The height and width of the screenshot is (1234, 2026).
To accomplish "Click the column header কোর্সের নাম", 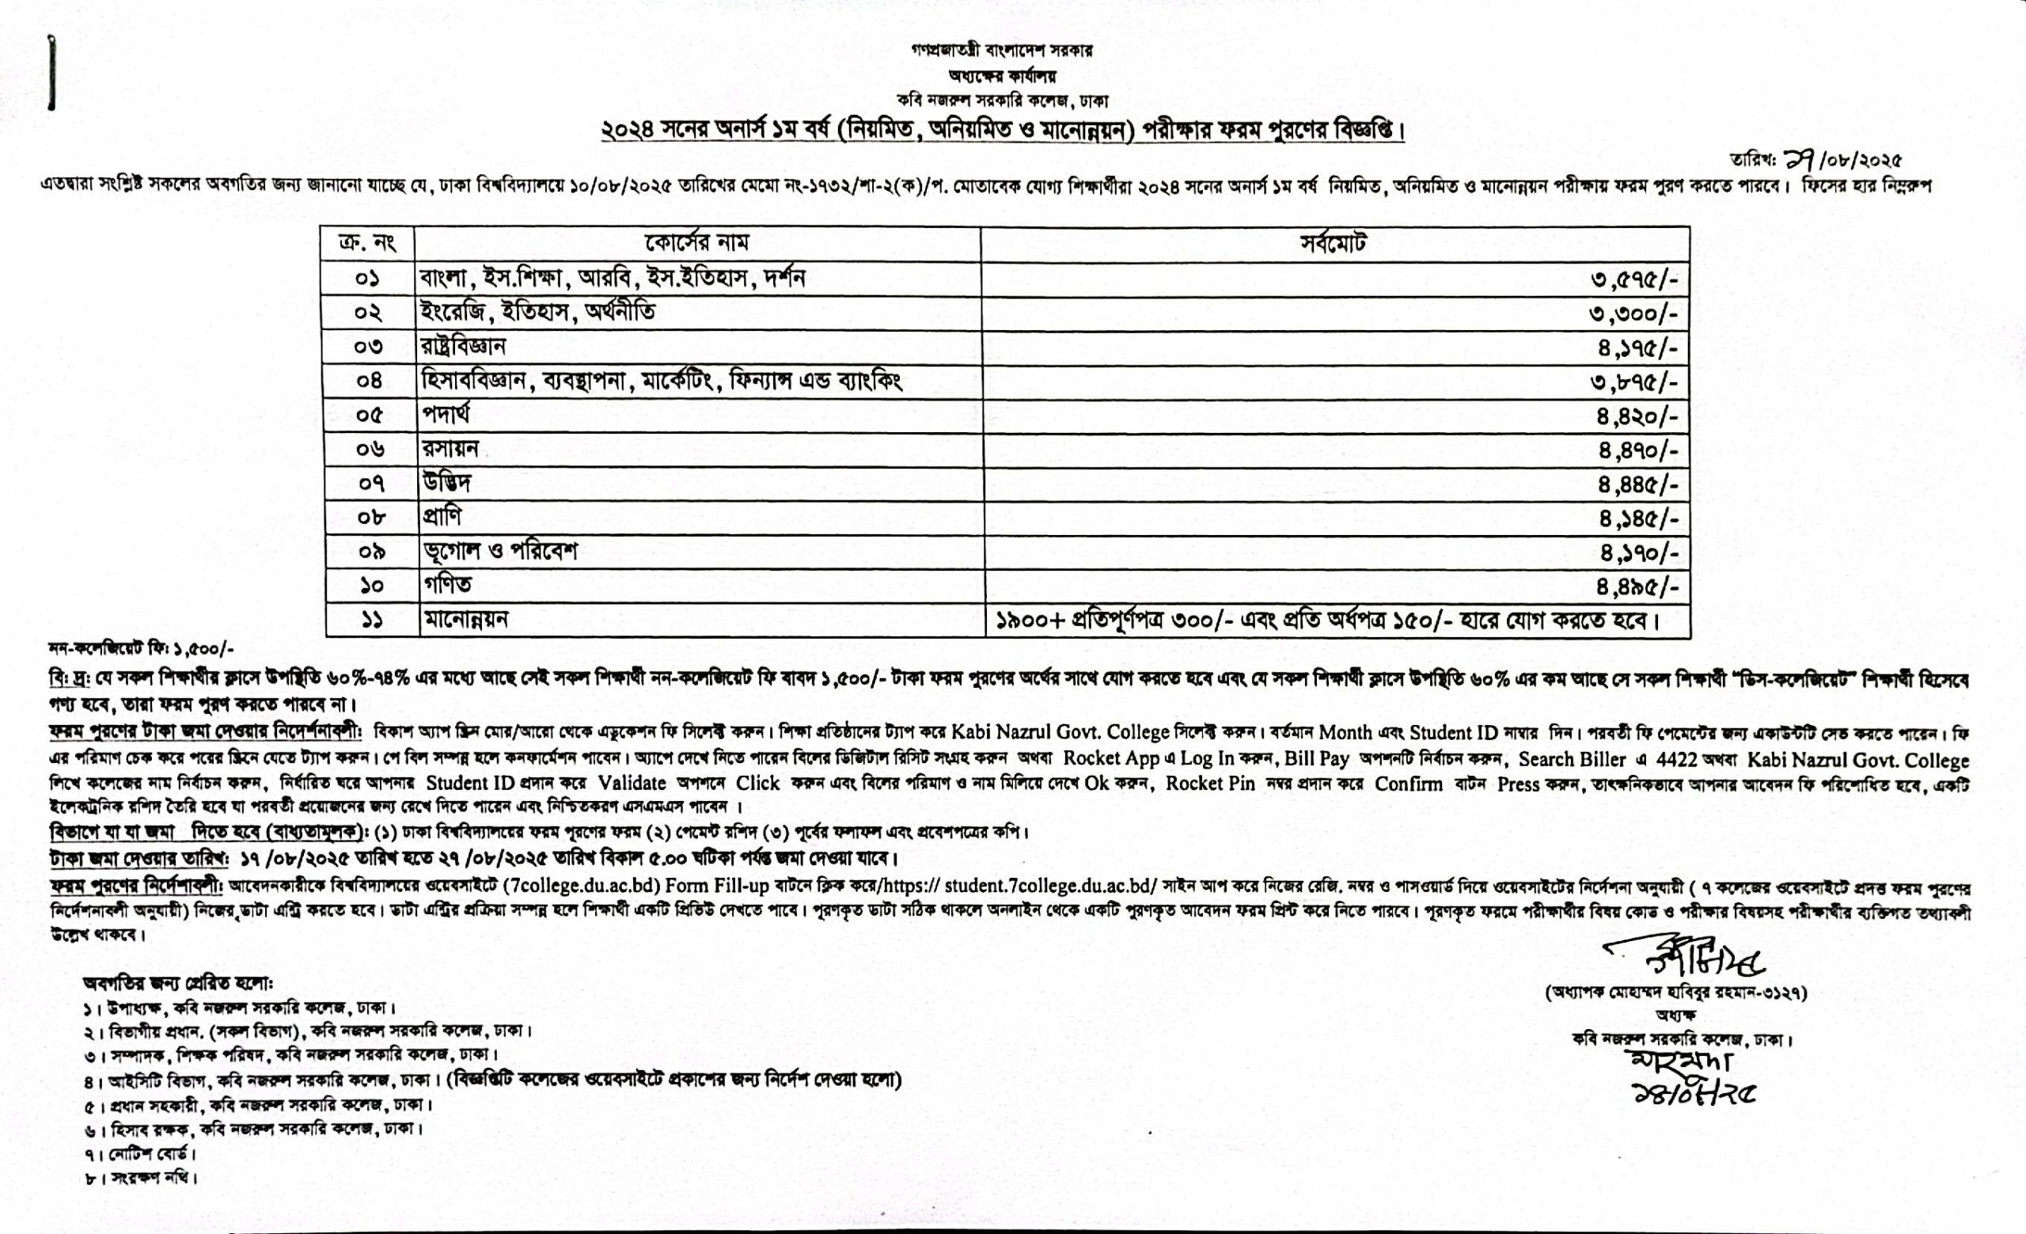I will [696, 243].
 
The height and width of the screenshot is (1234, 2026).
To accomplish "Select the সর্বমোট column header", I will [1333, 243].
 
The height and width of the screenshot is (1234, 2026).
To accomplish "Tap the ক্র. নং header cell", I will [367, 244].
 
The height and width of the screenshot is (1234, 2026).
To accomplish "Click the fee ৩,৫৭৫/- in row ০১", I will [1633, 279].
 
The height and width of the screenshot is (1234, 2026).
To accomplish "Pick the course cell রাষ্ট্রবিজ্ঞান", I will [462, 347].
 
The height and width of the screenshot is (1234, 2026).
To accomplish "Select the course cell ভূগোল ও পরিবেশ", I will [499, 551].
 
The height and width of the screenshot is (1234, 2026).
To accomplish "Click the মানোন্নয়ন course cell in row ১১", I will [465, 620].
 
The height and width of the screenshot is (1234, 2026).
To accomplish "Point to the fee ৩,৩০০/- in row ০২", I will [1633, 313].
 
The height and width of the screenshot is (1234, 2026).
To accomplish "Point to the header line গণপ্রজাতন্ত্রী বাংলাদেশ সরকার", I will [1001, 50].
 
